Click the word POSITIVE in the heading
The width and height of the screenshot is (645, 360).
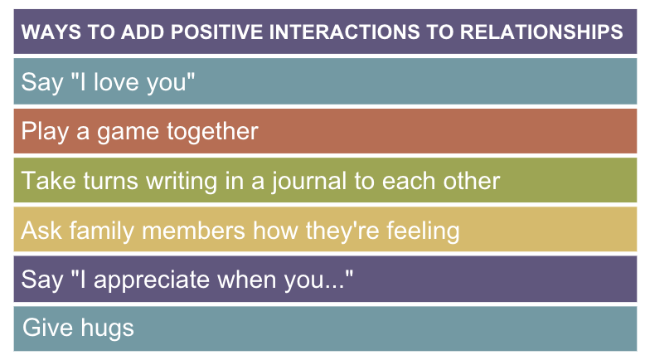tap(216, 32)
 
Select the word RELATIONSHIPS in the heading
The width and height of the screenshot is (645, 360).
tap(541, 32)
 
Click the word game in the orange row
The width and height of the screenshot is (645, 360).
tap(128, 133)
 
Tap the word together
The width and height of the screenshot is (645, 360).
tap(212, 131)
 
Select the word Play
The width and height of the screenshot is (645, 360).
tap(45, 132)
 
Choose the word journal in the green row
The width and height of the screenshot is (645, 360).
tap(308, 181)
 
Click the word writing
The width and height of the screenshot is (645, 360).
tap(182, 181)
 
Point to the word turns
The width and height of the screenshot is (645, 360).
tap(110, 181)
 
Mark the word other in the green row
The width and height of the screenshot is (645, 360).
tap(472, 180)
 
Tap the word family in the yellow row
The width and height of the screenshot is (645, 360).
tap(102, 231)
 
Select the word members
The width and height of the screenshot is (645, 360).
tap(193, 230)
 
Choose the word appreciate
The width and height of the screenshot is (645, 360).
tap(152, 280)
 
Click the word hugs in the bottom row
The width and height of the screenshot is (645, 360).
tap(108, 328)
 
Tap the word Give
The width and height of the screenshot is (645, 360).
tap(48, 328)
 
